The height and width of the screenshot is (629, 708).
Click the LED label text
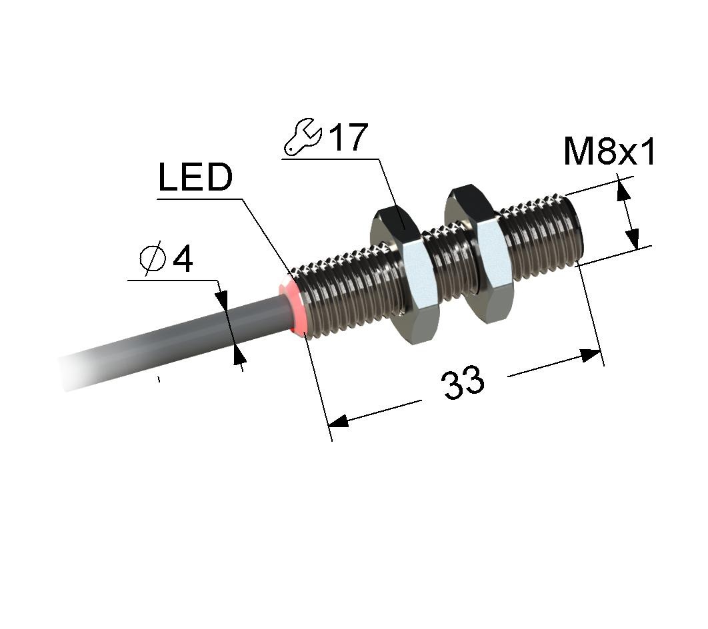coord(195,177)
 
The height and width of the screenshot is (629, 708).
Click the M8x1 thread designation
coord(609,152)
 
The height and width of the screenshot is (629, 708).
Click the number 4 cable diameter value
coord(183,259)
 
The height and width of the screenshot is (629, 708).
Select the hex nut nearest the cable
coord(404,275)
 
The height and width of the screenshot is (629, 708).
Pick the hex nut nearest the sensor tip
coord(479,255)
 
